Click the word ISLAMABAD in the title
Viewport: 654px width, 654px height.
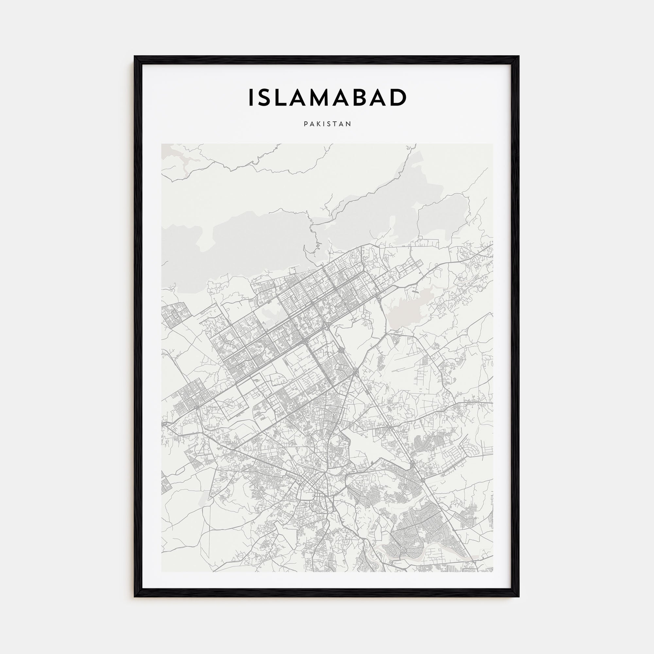(x=327, y=97)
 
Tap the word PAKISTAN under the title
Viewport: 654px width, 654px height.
(x=327, y=124)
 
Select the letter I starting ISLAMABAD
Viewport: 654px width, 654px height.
(x=251, y=97)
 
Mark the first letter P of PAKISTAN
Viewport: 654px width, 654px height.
(x=306, y=124)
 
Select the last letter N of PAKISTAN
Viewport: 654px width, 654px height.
(x=349, y=124)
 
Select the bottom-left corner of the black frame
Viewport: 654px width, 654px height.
(x=135, y=596)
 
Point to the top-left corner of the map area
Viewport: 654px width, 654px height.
(x=162, y=144)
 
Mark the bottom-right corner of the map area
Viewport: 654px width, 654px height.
(x=493, y=572)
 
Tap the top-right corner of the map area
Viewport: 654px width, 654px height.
(x=493, y=144)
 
